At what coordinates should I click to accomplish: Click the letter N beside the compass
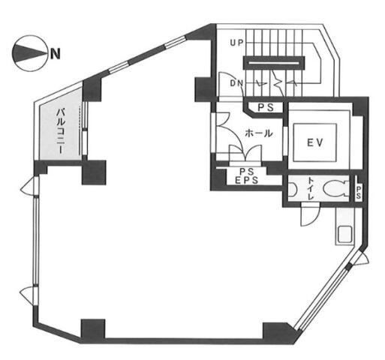click(x=56, y=53)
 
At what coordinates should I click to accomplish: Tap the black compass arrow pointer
click(x=29, y=53)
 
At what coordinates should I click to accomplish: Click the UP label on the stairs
click(x=236, y=43)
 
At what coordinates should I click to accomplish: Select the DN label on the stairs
click(x=236, y=83)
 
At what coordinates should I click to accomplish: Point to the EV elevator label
click(x=315, y=142)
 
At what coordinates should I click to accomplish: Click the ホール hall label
click(x=259, y=133)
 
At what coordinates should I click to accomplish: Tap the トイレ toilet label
click(x=311, y=188)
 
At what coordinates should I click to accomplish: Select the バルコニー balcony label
click(x=61, y=130)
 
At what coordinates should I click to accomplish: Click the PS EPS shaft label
click(x=247, y=175)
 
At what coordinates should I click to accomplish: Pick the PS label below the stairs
click(x=266, y=108)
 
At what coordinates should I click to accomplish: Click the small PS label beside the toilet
click(x=359, y=193)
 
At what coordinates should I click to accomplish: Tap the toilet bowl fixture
click(x=335, y=188)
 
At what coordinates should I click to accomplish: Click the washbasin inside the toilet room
click(x=292, y=189)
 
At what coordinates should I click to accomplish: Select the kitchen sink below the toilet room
click(x=345, y=234)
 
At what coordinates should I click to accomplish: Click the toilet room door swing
click(x=310, y=214)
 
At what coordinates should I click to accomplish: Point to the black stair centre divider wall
click(x=274, y=63)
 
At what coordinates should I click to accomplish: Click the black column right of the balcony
click(x=94, y=172)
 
